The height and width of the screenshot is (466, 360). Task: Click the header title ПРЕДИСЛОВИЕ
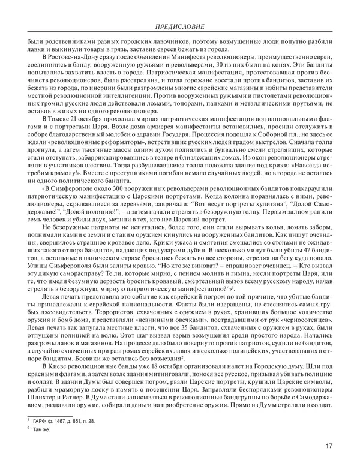pyautogui.click(x=179, y=27)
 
